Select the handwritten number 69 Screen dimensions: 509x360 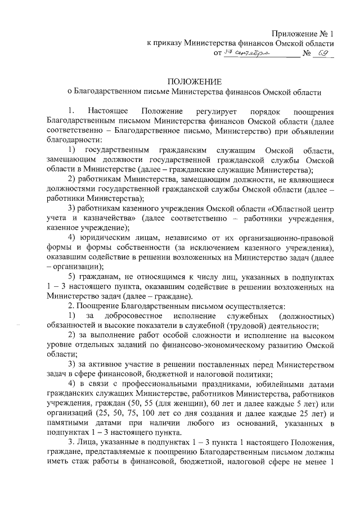[x=322, y=53]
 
